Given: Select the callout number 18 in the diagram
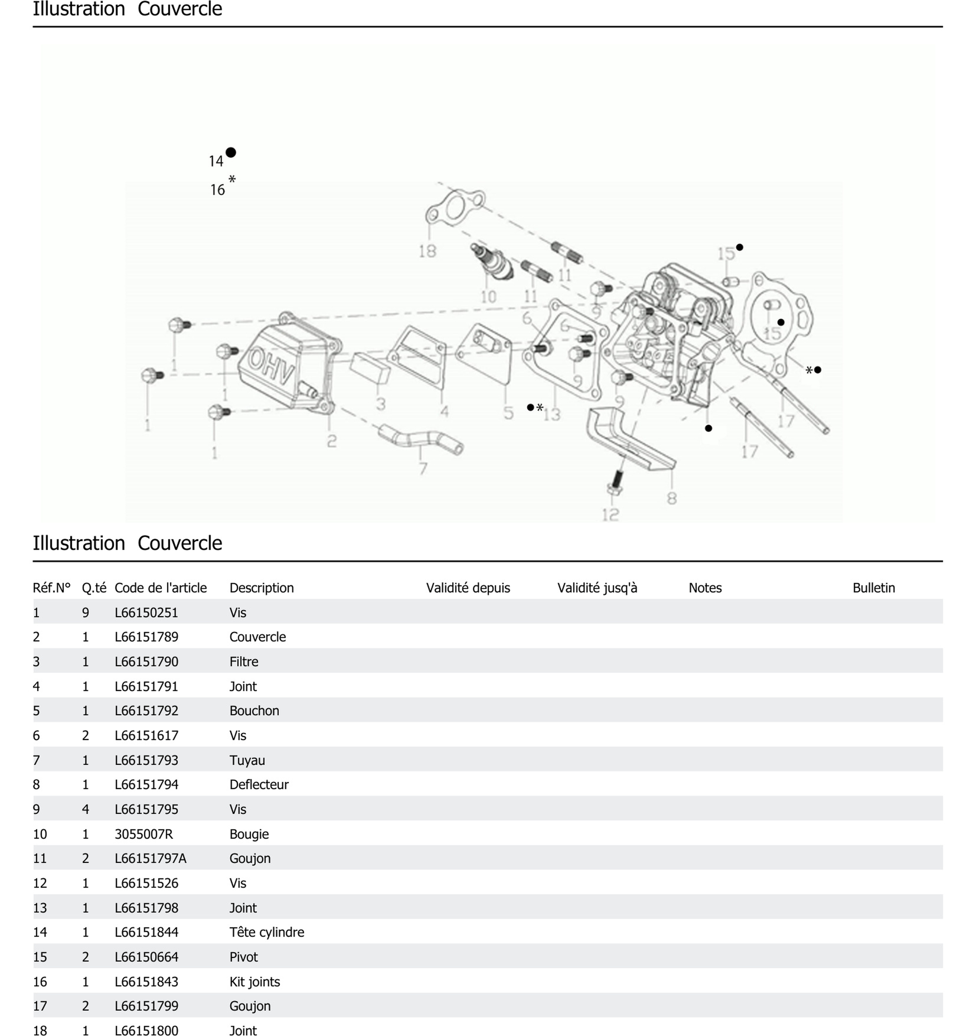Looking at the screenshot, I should pyautogui.click(x=427, y=251).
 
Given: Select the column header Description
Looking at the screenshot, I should pyautogui.click(x=262, y=588).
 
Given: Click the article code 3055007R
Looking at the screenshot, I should pyautogui.click(x=144, y=834).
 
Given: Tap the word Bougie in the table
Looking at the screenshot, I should pyautogui.click(x=249, y=834).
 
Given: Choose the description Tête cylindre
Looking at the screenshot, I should pyautogui.click(x=267, y=932).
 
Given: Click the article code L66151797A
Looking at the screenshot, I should pyautogui.click(x=151, y=858).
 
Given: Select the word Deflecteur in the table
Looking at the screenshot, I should pyautogui.click(x=259, y=784).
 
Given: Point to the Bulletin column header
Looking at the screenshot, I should pyautogui.click(x=873, y=588).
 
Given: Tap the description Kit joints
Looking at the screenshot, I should pyautogui.click(x=255, y=981).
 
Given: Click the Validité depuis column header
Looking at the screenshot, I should pyautogui.click(x=468, y=588).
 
